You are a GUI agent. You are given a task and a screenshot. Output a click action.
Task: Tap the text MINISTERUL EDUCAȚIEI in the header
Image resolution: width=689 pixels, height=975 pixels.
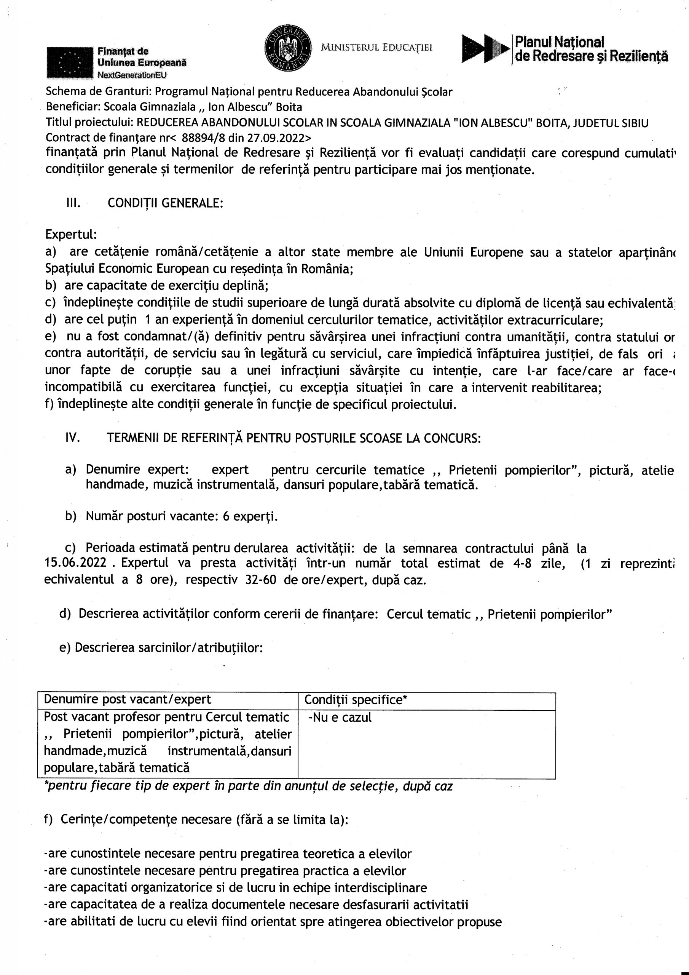click(376, 48)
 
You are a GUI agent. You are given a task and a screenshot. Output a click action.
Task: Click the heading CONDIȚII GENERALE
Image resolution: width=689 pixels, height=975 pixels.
click(165, 203)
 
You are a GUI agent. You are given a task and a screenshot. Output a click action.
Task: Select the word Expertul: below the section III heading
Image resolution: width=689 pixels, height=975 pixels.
click(71, 234)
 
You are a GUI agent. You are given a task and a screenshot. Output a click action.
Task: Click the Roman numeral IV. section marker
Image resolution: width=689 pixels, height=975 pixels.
click(73, 438)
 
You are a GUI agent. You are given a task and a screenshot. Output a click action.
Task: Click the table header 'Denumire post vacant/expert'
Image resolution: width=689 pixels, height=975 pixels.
click(128, 700)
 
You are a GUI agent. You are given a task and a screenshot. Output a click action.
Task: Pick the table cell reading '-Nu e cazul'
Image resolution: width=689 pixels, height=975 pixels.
click(340, 717)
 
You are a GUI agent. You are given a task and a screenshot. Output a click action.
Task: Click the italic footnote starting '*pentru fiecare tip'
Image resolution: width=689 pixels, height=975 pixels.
click(248, 786)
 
